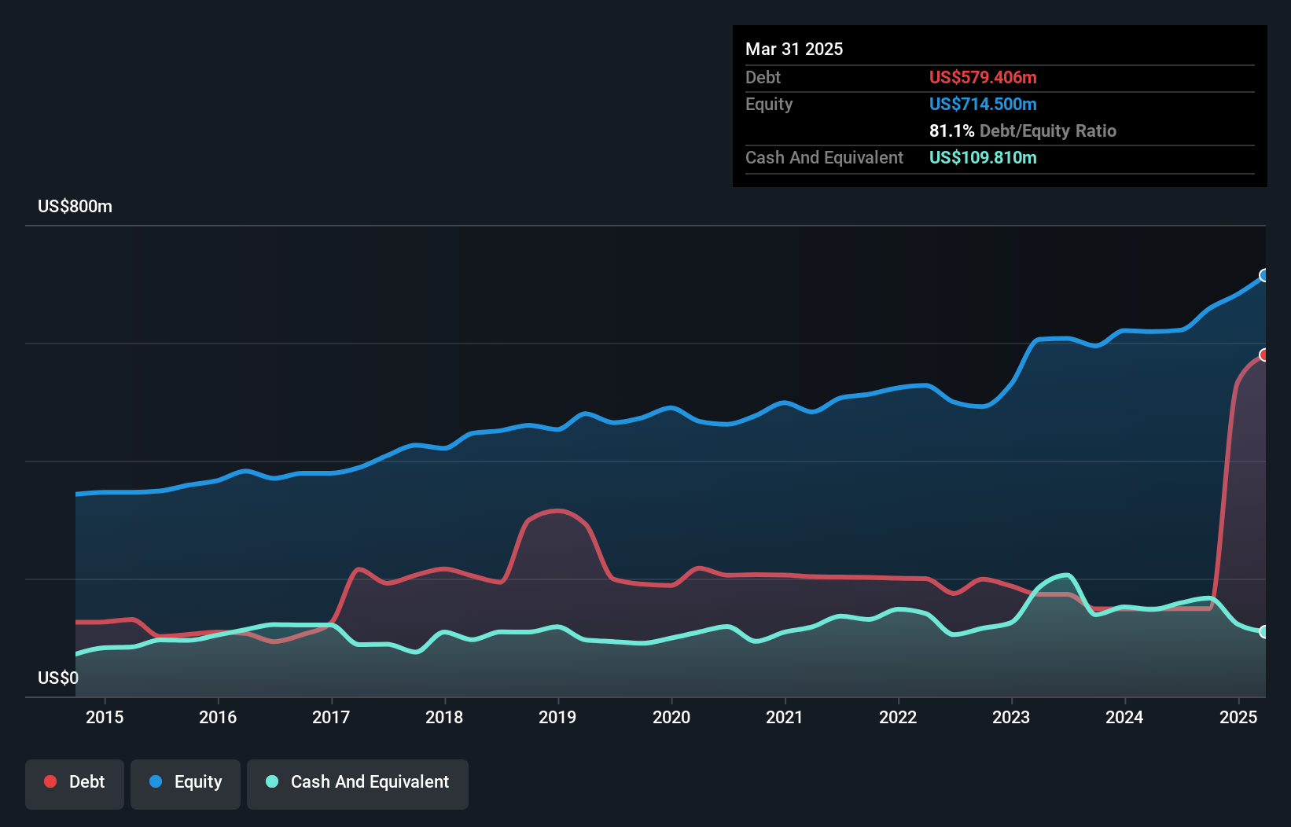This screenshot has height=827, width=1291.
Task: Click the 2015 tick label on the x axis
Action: (105, 717)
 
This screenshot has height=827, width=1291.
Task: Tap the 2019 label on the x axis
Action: (557, 717)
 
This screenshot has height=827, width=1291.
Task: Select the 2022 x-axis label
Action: (898, 717)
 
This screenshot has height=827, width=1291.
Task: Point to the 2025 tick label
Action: (1238, 717)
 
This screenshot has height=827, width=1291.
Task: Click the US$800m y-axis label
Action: (75, 207)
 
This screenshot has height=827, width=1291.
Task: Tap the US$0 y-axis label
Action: (58, 678)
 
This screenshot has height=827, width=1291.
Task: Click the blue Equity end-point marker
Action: (1264, 275)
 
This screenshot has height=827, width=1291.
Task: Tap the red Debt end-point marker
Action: (1264, 355)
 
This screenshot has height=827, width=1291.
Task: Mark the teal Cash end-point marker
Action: (1264, 631)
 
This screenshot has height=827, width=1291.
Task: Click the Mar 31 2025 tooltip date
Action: (794, 50)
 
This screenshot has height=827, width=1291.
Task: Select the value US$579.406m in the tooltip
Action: (983, 77)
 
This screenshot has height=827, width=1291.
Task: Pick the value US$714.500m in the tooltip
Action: (983, 104)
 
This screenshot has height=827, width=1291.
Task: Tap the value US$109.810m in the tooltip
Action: (983, 157)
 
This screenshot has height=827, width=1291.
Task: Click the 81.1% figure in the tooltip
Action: (951, 130)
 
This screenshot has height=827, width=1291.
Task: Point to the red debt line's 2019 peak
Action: (558, 511)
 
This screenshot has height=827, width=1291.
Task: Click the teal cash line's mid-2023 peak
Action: (1065, 575)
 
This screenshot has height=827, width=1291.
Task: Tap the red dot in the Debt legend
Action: (50, 781)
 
